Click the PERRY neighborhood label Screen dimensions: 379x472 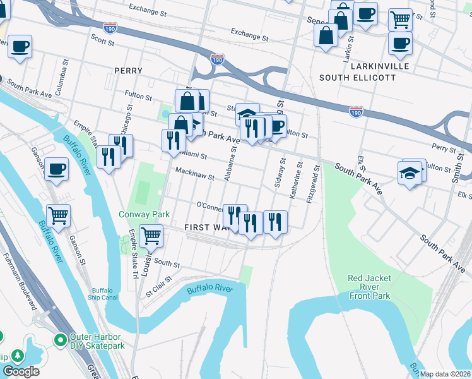pos(128,71)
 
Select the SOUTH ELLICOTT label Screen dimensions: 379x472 pos(357,78)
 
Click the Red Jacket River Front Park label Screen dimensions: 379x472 pos(369,287)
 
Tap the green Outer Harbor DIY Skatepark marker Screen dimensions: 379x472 pos(61,340)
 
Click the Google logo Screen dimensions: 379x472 pos(21,371)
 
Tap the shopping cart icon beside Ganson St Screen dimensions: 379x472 pos(58,215)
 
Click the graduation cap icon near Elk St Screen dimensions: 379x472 pos(410,172)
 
